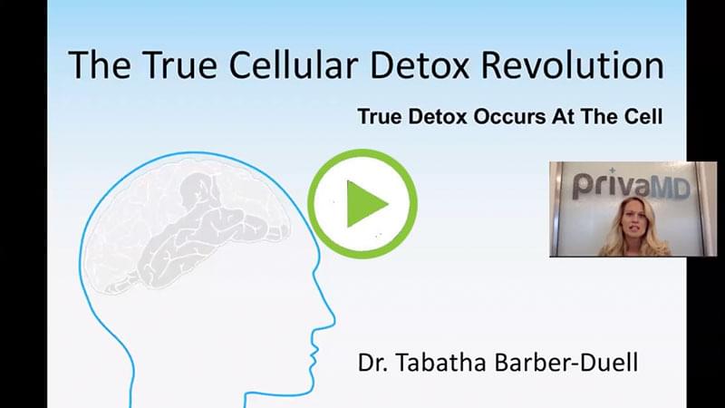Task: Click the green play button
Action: [x=362, y=203]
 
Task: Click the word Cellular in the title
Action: [x=293, y=64]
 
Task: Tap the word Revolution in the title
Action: [x=573, y=64]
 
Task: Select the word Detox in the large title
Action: [x=420, y=64]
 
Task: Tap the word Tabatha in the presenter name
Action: [x=440, y=362]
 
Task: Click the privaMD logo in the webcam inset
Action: [x=632, y=184]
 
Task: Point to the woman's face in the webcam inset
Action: [x=631, y=219]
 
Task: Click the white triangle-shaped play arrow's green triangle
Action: [x=365, y=203]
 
